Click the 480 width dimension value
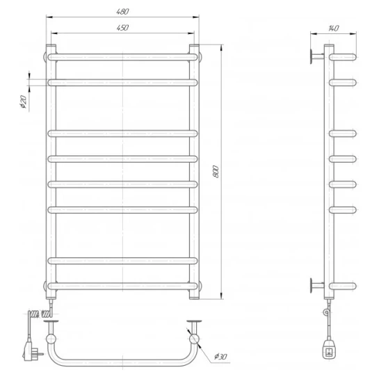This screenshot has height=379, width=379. [122, 12]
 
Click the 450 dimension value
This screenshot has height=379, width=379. [122, 28]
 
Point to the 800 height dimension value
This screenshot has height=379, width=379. [216, 172]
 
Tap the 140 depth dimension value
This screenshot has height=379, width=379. [334, 29]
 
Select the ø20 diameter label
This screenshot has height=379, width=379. [24, 102]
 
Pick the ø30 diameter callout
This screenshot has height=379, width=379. [220, 356]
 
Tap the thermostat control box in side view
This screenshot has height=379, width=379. [329, 350]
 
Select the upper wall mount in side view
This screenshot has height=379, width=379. [316, 56]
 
